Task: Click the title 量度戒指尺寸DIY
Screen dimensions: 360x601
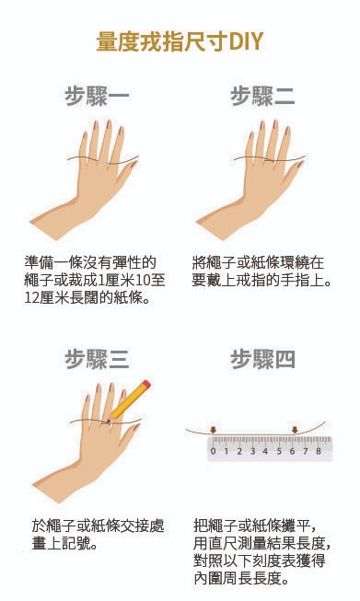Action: click(x=180, y=41)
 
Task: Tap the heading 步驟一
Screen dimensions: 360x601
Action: click(x=97, y=96)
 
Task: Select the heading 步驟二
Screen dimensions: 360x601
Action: click(x=262, y=96)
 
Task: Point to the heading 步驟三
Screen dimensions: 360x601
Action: click(x=97, y=359)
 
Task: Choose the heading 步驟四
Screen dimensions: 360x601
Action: click(x=262, y=359)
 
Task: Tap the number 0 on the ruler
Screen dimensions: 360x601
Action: click(x=214, y=451)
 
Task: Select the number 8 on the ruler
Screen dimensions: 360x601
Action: click(x=319, y=451)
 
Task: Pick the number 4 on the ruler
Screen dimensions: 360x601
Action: click(x=265, y=451)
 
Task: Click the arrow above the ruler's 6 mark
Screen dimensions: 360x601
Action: click(x=295, y=430)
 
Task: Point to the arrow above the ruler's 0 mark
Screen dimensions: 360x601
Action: click(x=214, y=430)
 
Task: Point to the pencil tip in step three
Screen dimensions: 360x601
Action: click(x=109, y=422)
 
